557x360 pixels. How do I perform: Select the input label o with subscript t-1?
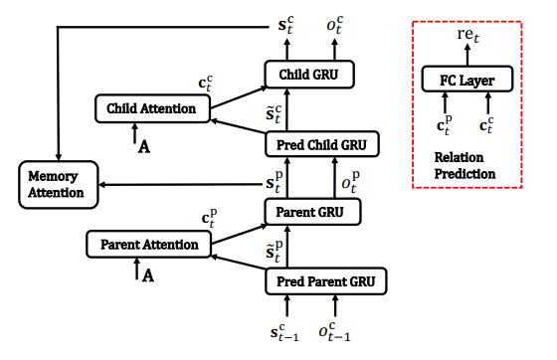point(333,334)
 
